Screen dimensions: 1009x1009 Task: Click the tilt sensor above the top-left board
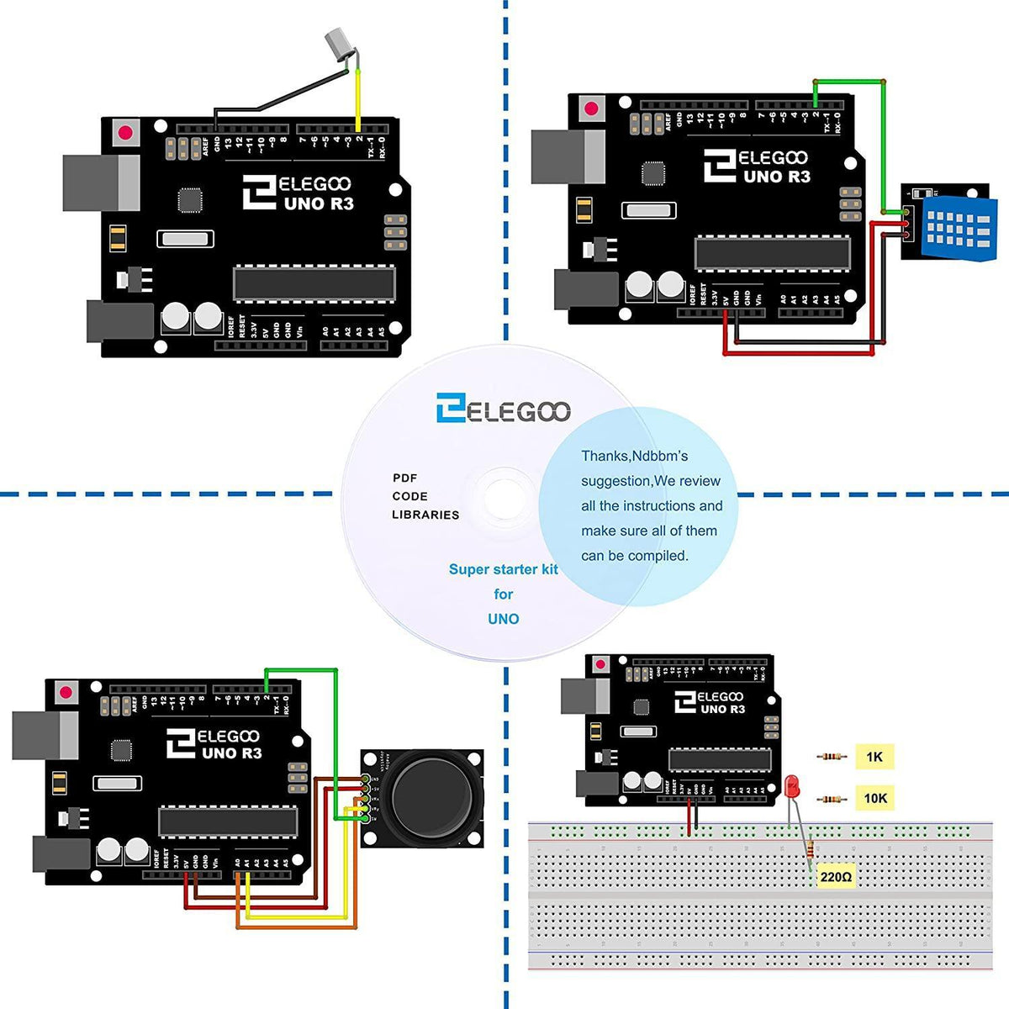(x=338, y=45)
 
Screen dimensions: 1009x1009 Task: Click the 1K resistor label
(x=874, y=757)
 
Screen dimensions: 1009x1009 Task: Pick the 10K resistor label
(x=874, y=798)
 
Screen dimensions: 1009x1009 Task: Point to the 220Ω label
(x=836, y=877)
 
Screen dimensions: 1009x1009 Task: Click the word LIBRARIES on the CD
(x=425, y=515)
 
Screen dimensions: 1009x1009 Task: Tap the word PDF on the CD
(x=404, y=478)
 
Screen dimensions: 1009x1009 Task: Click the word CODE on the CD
(x=409, y=496)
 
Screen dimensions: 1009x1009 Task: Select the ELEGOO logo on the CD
(x=503, y=409)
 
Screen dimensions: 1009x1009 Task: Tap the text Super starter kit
(x=503, y=569)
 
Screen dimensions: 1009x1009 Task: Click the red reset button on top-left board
(x=126, y=133)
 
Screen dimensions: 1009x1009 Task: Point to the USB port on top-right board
(x=568, y=156)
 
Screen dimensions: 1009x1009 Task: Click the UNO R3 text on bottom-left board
(x=231, y=753)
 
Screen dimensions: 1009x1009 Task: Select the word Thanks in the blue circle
(x=605, y=456)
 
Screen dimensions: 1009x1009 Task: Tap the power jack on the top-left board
(x=119, y=322)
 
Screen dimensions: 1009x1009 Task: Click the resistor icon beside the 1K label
(x=832, y=757)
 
